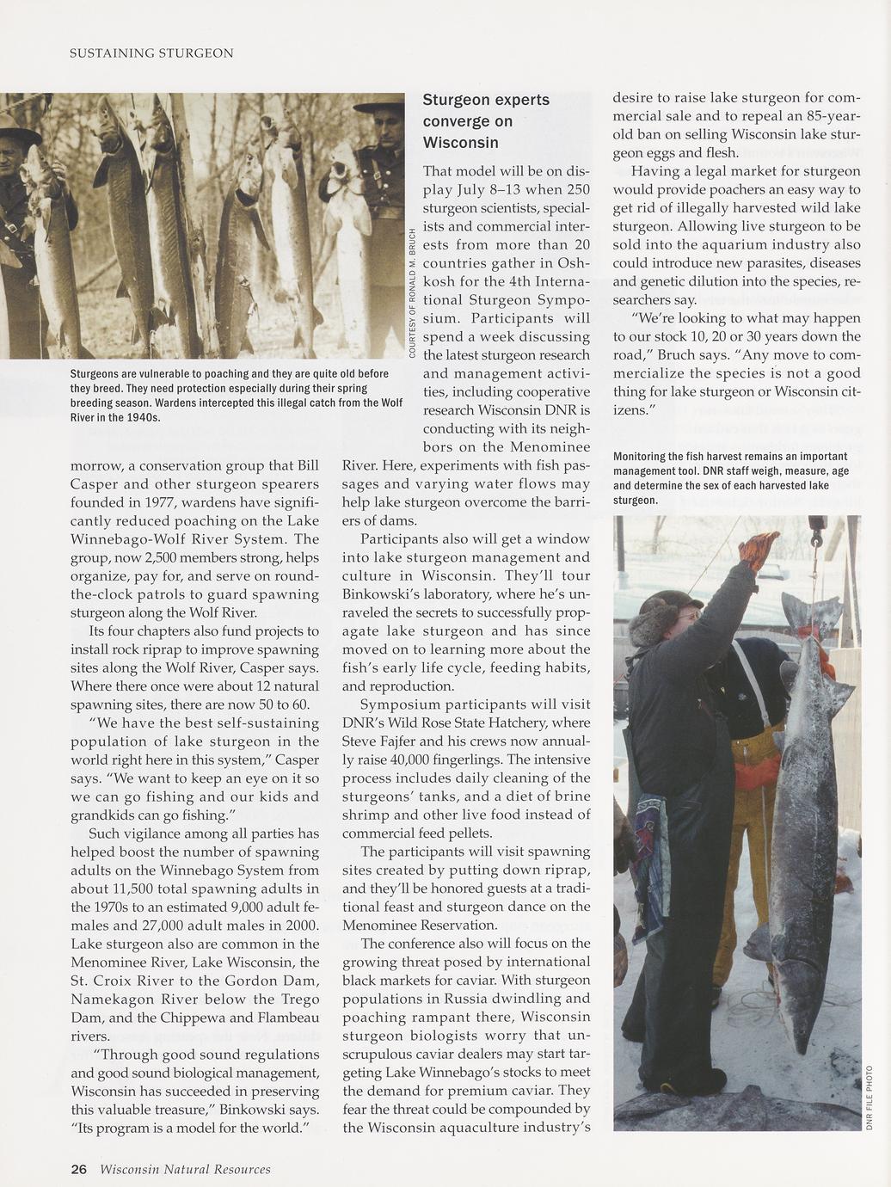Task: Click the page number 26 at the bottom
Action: (78, 1169)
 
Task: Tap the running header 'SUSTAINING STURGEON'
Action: (151, 53)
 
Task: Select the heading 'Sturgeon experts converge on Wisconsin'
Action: (486, 121)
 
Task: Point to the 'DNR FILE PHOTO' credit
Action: (869, 1097)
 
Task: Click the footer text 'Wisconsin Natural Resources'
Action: (185, 1169)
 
